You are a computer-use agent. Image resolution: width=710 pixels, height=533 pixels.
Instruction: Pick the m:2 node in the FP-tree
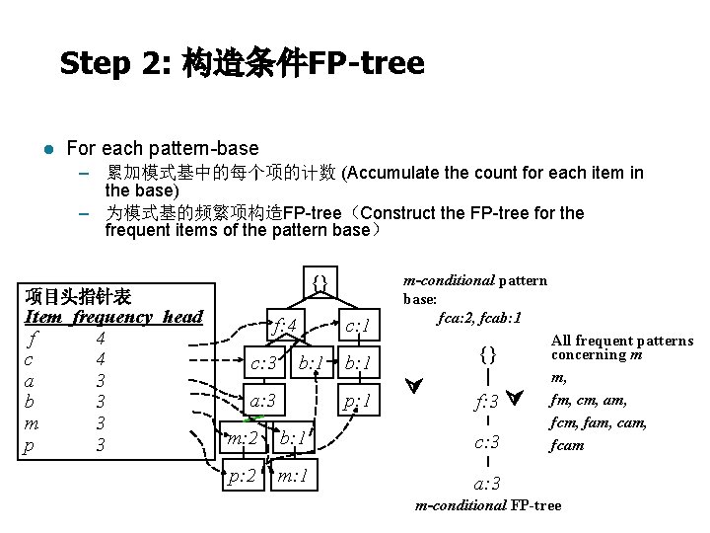pos(242,438)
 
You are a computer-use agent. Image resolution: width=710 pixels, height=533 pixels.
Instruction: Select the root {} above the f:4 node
pos(319,283)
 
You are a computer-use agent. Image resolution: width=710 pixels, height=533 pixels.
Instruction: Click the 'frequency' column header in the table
pos(112,317)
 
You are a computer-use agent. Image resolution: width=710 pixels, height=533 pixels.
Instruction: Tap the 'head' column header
pos(182,317)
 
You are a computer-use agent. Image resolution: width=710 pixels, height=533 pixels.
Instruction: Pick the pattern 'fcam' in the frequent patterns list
pos(568,444)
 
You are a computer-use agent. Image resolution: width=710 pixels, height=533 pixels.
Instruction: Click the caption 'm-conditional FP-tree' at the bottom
pos(488,506)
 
